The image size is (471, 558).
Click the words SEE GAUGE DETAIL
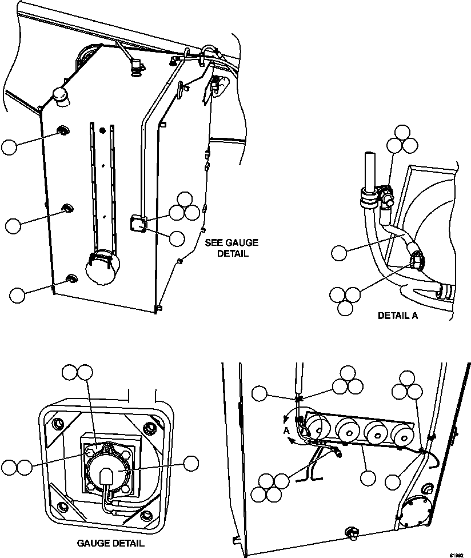tap(226, 248)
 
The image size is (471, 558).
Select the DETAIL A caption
tap(397, 316)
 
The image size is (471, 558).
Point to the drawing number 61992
tap(456, 553)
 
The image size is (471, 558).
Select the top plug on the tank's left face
tap(62, 132)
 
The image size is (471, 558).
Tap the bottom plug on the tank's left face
tap(71, 278)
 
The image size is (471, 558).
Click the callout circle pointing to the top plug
tap(9, 146)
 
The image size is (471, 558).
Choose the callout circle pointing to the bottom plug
tap(17, 295)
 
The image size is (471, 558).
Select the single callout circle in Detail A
tap(339, 252)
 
